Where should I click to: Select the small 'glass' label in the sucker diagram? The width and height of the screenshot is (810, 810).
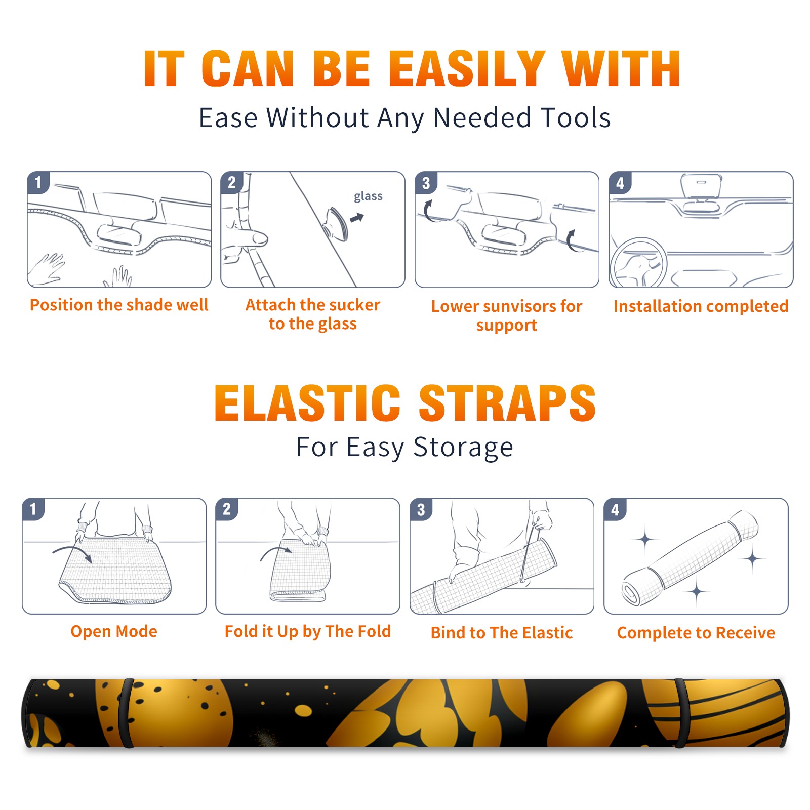(368, 196)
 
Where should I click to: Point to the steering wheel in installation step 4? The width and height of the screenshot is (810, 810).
(638, 263)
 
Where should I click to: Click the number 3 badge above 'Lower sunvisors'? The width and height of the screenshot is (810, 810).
(426, 183)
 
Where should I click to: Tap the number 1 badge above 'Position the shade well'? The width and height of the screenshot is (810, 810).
(38, 182)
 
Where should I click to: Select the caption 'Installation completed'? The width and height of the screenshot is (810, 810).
(701, 306)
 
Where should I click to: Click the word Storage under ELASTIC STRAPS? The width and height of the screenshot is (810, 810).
(463, 448)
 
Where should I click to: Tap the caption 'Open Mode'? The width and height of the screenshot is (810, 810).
(114, 631)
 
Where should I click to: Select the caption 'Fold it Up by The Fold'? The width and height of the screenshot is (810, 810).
(308, 631)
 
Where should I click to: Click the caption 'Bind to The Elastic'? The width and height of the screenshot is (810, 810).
(502, 633)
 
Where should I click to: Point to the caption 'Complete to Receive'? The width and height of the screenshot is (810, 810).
(696, 633)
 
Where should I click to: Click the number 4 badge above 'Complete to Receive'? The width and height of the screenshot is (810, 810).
(615, 509)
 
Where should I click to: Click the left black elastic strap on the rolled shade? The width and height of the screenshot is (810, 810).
(126, 713)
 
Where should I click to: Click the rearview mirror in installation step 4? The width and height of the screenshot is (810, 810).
(701, 186)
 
